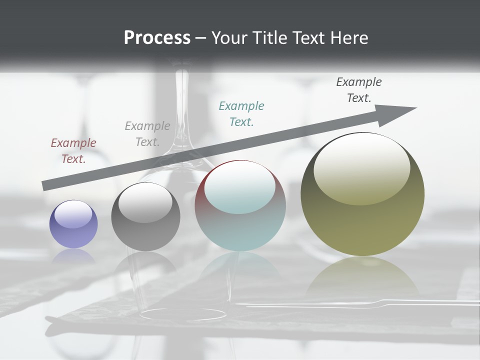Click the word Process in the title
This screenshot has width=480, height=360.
pyautogui.click(x=157, y=38)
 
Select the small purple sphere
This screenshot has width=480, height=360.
pyautogui.click(x=73, y=224)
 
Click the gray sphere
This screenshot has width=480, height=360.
pyautogui.click(x=145, y=217)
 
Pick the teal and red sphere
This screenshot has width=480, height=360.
pyautogui.click(x=240, y=206)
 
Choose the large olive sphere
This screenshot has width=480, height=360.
pyautogui.click(x=362, y=194)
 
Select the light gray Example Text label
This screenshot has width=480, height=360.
pyautogui.click(x=147, y=134)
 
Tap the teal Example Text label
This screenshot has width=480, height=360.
pyautogui.click(x=241, y=114)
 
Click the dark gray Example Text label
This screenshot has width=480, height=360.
pyautogui.click(x=359, y=90)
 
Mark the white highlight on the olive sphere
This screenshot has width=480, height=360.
pyautogui.click(x=361, y=169)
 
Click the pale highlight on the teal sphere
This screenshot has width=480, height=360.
pyautogui.click(x=239, y=188)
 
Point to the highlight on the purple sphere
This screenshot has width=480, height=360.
pyautogui.click(x=73, y=214)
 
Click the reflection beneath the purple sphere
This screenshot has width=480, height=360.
pyautogui.click(x=73, y=256)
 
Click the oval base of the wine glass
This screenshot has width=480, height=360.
pyautogui.click(x=182, y=314)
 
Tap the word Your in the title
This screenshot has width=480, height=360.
pyautogui.click(x=230, y=38)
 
